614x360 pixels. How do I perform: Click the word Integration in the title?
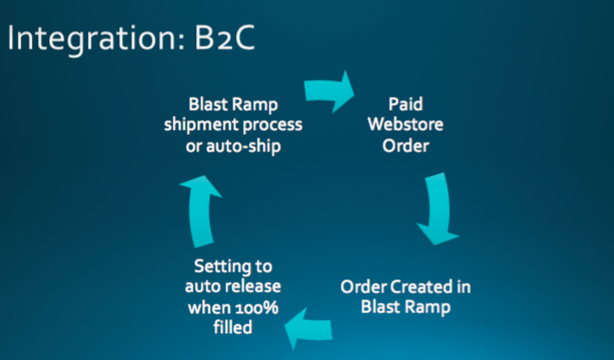point(96,38)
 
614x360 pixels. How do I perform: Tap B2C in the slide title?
point(225,37)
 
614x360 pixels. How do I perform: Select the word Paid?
point(406,104)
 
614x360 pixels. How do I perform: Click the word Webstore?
point(406,125)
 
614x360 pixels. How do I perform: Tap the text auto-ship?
point(244,146)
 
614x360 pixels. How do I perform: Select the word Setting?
point(222,267)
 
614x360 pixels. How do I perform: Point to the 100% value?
point(257,307)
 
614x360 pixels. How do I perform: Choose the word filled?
point(233,327)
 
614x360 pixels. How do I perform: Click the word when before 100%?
point(209,307)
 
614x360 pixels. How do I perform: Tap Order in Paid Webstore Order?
point(406,145)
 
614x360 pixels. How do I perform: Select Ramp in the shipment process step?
point(255,105)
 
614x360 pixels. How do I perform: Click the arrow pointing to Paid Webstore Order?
point(328,91)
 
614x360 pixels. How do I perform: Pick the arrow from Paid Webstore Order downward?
point(438,209)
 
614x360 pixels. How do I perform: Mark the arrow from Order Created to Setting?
point(310,328)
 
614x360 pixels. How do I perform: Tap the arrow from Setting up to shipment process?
point(200,210)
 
